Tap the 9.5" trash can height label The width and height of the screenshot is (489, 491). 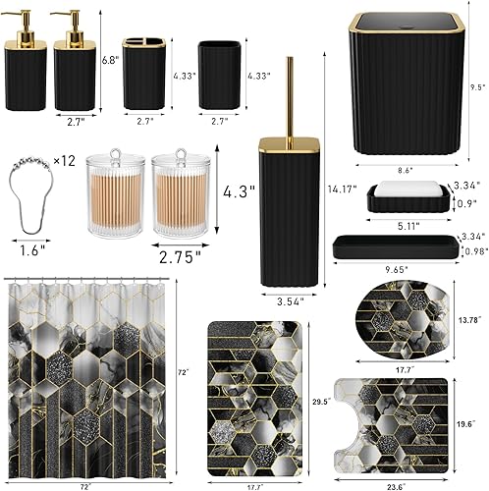tap(478, 86)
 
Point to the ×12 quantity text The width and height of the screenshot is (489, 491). tap(65, 159)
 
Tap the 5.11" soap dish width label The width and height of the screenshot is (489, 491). tap(404, 225)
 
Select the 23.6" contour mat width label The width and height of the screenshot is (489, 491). tap(395, 483)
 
